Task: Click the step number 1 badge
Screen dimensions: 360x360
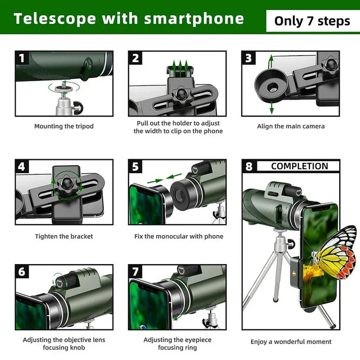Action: pyautogui.click(x=21, y=58)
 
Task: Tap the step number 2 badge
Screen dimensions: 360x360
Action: pyautogui.click(x=135, y=58)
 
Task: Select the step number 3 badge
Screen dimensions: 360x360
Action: pyautogui.click(x=248, y=58)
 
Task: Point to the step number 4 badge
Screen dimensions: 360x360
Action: pyautogui.click(x=21, y=167)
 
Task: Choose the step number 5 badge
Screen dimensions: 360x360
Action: pyautogui.click(x=135, y=167)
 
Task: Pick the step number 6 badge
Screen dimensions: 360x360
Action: pyautogui.click(x=21, y=272)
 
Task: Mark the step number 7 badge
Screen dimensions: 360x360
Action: pyautogui.click(x=135, y=272)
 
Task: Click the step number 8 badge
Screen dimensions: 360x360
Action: pyautogui.click(x=248, y=167)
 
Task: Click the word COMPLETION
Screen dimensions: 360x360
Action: pyautogui.click(x=299, y=166)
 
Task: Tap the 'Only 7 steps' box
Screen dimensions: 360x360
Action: pyautogui.click(x=312, y=21)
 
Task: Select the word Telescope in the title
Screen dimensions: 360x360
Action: pyautogui.click(x=55, y=19)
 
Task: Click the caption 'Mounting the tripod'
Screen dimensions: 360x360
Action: pyautogui.click(x=64, y=126)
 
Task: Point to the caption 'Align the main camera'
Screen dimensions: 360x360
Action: pyautogui.click(x=291, y=126)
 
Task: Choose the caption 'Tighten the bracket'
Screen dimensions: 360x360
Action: pyautogui.click(x=64, y=236)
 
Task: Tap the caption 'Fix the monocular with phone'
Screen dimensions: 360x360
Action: pyautogui.click(x=178, y=236)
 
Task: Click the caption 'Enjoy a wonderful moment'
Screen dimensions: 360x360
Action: pyautogui.click(x=291, y=342)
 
